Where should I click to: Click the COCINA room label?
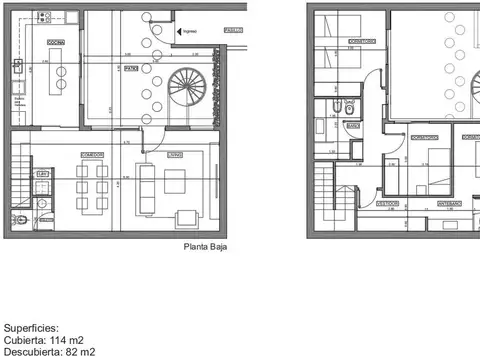click(x=57, y=42)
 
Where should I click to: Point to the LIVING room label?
click(x=173, y=154)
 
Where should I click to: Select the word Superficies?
click(x=31, y=327)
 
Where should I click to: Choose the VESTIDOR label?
click(x=388, y=203)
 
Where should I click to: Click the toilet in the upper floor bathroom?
click(x=348, y=107)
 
